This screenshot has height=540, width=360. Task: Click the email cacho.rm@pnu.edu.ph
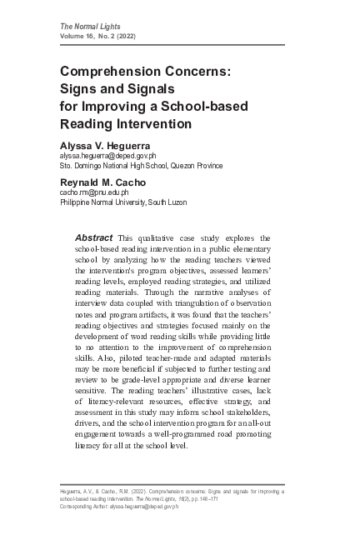(x=93, y=192)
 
